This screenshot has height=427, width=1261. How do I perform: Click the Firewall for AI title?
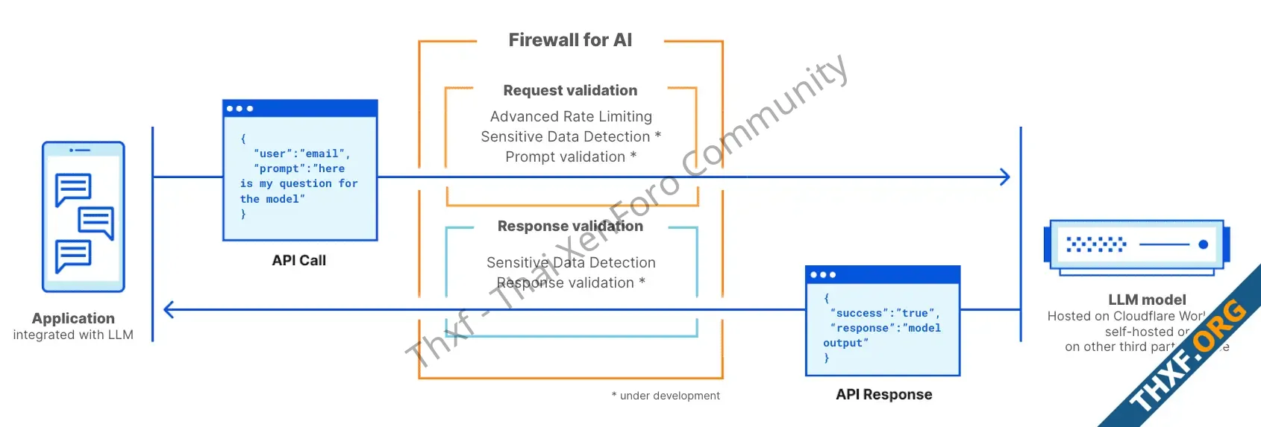tap(570, 40)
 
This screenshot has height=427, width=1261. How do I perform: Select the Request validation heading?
tap(570, 90)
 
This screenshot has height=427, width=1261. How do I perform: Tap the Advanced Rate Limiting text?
tap(571, 116)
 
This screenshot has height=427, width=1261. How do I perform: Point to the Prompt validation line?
tap(571, 156)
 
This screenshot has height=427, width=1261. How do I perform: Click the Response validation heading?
tap(570, 226)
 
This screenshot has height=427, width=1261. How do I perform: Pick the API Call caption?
tap(298, 260)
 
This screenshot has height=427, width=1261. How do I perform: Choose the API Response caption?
tap(883, 394)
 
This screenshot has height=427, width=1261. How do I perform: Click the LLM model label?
tap(1147, 300)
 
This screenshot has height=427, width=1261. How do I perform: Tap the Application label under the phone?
tap(73, 318)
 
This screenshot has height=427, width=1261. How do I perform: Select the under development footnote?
tap(666, 396)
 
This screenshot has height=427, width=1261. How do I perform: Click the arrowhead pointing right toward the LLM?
tap(1004, 177)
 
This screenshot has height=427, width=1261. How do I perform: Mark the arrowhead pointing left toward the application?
tap(169, 309)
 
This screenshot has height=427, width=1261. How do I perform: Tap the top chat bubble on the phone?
tap(73, 189)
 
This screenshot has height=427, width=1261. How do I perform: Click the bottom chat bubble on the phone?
tap(73, 256)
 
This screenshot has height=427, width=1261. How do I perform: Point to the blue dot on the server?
tap(1203, 244)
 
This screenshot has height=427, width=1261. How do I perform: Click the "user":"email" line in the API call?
tap(301, 154)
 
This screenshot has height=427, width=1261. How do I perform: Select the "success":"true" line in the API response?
tap(884, 313)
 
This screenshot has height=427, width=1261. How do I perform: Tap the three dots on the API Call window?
tap(240, 109)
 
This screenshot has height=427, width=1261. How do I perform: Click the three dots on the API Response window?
tap(822, 275)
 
